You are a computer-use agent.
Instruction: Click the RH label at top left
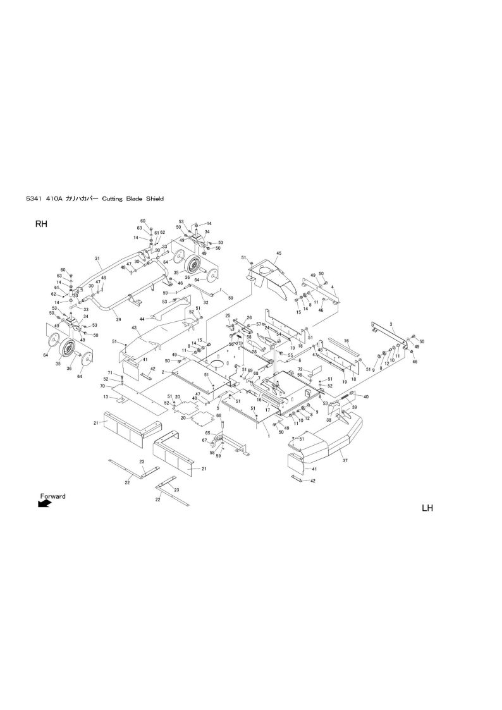pyautogui.click(x=41, y=224)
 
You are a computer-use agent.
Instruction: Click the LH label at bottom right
pyautogui.click(x=427, y=508)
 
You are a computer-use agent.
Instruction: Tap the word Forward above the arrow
pyautogui.click(x=52, y=496)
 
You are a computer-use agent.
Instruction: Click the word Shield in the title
pyautogui.click(x=155, y=199)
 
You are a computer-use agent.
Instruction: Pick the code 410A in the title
pyautogui.click(x=55, y=199)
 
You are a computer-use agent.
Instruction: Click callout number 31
pyautogui.click(x=97, y=259)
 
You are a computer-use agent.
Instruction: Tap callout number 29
pyautogui.click(x=118, y=321)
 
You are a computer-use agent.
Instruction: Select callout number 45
pyautogui.click(x=278, y=254)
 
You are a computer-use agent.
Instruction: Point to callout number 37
pyautogui.click(x=345, y=461)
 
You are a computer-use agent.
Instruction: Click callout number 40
pyautogui.click(x=365, y=396)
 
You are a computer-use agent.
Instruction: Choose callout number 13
pyautogui.click(x=106, y=397)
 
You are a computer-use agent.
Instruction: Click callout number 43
pyautogui.click(x=134, y=328)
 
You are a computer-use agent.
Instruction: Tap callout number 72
pyautogui.click(x=301, y=369)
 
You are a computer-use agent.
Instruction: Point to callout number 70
pyautogui.click(x=101, y=386)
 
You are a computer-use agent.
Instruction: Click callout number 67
pyautogui.click(x=204, y=440)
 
